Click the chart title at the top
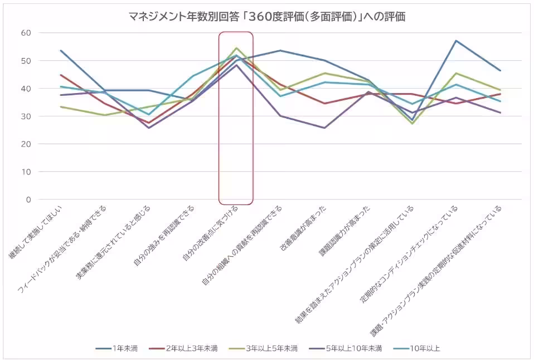(x=267, y=17)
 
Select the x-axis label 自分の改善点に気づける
(x=211, y=233)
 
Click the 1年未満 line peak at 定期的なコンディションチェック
(x=456, y=41)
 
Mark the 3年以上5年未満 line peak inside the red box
(x=236, y=48)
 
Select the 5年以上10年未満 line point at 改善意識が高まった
(x=324, y=128)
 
